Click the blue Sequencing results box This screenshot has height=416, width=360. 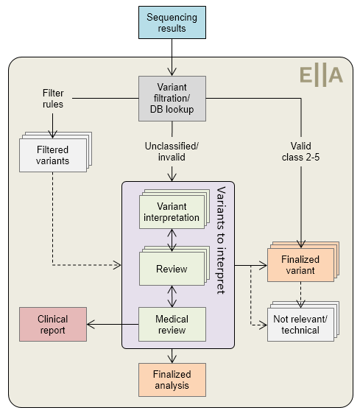[172, 23]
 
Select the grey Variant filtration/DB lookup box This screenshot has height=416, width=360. [172, 99]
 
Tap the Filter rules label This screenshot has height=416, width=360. [53, 99]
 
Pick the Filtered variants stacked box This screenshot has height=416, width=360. [55, 152]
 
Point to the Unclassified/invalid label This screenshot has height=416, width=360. [172, 152]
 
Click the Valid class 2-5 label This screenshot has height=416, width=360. [300, 152]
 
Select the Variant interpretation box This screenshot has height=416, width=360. [174, 209]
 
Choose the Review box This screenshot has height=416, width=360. [174, 266]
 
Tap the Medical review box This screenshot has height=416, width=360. [172, 324]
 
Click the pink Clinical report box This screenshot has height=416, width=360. [53, 324]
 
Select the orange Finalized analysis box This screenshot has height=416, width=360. [172, 380]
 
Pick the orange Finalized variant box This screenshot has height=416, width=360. [303, 261]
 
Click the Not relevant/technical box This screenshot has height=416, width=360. [303, 321]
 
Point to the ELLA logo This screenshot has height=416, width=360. [321, 76]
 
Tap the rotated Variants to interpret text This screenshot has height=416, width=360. [221, 240]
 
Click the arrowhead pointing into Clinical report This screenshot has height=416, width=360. [91, 324]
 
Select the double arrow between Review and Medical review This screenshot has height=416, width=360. [172, 296]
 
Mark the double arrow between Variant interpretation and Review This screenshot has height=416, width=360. [172, 240]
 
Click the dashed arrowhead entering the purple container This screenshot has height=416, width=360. [118, 265]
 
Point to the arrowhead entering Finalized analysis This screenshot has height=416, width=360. [172, 360]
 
